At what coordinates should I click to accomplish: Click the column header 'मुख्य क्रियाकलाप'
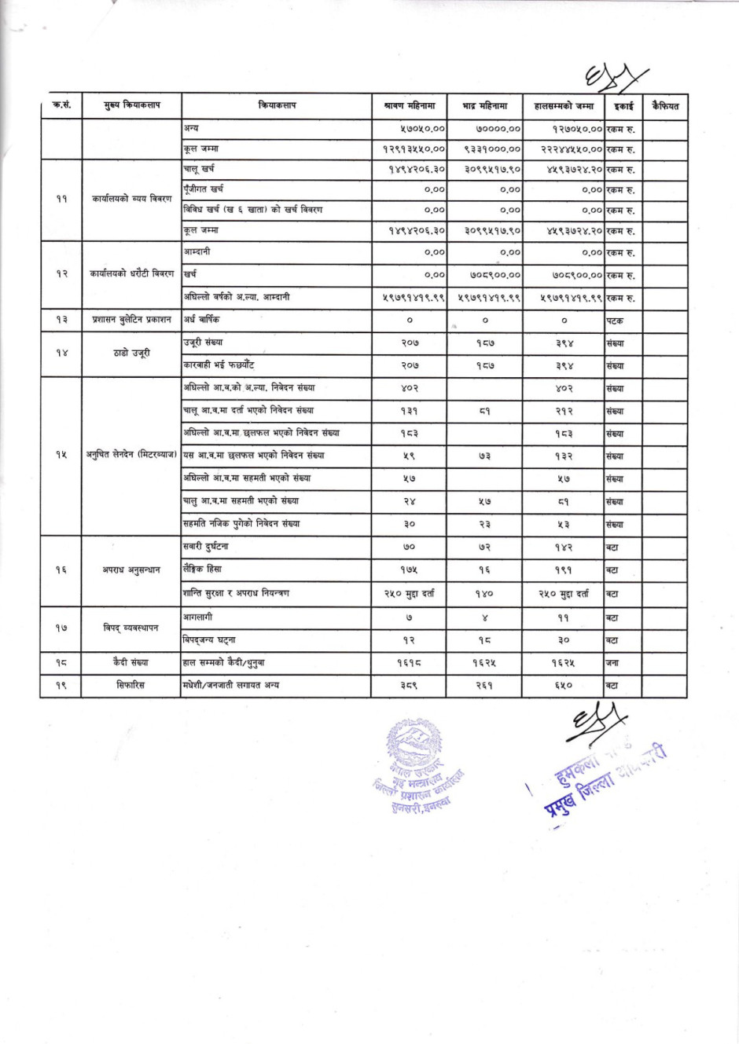click(131, 105)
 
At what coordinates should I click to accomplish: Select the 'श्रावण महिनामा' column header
click(410, 105)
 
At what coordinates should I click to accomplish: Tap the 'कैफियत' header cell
click(665, 105)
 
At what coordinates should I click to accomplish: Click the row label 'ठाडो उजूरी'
click(131, 353)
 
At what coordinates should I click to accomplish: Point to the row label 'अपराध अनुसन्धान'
click(131, 570)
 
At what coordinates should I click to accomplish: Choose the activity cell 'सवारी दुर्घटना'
click(205, 547)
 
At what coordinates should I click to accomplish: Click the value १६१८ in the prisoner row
click(409, 663)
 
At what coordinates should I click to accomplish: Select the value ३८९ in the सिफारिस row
click(409, 686)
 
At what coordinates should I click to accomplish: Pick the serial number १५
click(61, 455)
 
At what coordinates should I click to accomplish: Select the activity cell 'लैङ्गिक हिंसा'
click(202, 569)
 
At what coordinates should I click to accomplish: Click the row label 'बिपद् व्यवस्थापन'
click(131, 628)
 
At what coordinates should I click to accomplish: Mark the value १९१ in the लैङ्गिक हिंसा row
click(563, 570)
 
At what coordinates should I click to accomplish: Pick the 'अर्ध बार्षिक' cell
click(202, 320)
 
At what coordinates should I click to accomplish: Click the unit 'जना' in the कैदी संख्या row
click(612, 663)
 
